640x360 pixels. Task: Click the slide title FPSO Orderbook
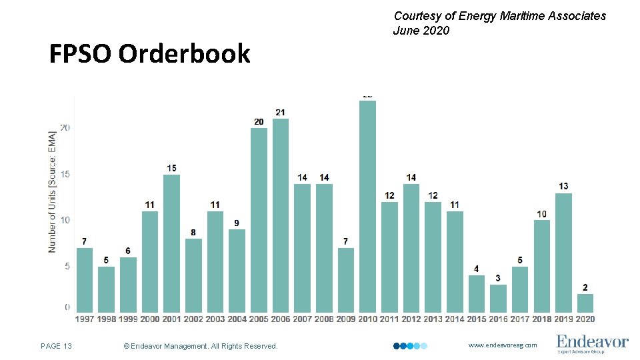pos(149,54)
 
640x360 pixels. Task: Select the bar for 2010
pos(367,206)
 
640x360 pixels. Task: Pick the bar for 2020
pos(585,303)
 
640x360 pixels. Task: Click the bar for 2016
pos(498,298)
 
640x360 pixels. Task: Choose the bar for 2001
pos(171,243)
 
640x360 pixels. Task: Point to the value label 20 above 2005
pos(259,121)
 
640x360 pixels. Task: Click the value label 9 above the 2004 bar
pos(237,223)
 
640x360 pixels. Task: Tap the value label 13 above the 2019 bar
pos(563,186)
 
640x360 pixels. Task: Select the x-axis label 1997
pos(85,319)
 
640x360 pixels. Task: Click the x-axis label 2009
pos(345,319)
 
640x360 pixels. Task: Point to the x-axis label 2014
pos(454,319)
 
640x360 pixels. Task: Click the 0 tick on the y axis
pos(67,307)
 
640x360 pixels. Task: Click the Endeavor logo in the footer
pos(592,343)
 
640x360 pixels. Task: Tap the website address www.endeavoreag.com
pos(502,345)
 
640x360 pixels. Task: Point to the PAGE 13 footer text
pos(56,345)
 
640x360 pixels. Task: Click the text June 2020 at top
pos(421,31)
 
